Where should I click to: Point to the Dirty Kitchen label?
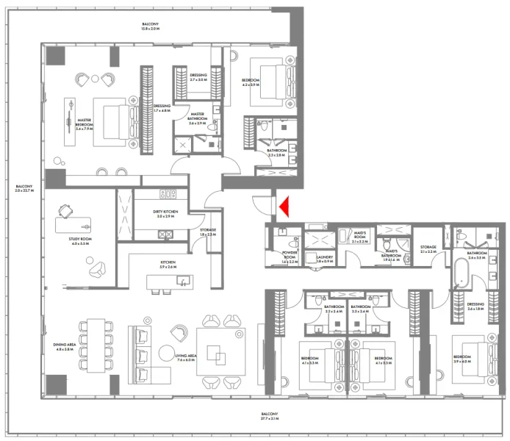click(x=163, y=214)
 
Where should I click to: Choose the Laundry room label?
click(x=324, y=259)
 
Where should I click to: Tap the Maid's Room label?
click(x=360, y=237)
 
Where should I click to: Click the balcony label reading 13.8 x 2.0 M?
click(x=150, y=26)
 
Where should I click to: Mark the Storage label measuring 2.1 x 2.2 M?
click(x=428, y=249)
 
